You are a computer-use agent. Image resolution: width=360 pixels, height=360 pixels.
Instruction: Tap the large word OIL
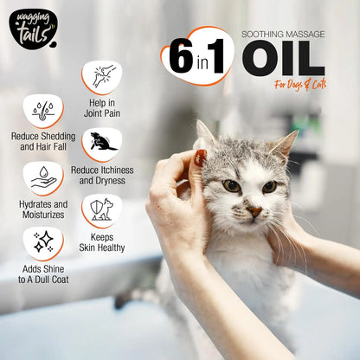tap(283, 58)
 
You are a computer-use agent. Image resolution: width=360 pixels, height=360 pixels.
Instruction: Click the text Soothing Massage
tap(282, 34)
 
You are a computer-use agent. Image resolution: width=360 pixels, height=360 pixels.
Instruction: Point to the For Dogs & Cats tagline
tap(301, 85)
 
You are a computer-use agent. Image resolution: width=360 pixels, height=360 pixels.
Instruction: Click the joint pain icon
tap(102, 76)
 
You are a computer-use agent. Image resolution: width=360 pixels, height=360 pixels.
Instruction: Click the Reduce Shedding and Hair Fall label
tap(42, 143)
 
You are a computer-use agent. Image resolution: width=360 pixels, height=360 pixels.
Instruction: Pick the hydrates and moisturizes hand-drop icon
tap(42, 178)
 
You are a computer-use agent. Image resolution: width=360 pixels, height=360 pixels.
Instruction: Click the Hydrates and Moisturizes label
tap(42, 209)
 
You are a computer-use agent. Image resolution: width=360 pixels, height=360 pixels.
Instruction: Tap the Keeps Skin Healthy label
tap(102, 241)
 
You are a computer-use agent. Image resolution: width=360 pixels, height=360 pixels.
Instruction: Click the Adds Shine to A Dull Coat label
tap(42, 274)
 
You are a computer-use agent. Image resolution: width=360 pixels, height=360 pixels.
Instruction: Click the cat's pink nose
tap(254, 211)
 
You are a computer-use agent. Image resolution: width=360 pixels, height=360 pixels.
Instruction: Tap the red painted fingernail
tap(200, 158)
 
